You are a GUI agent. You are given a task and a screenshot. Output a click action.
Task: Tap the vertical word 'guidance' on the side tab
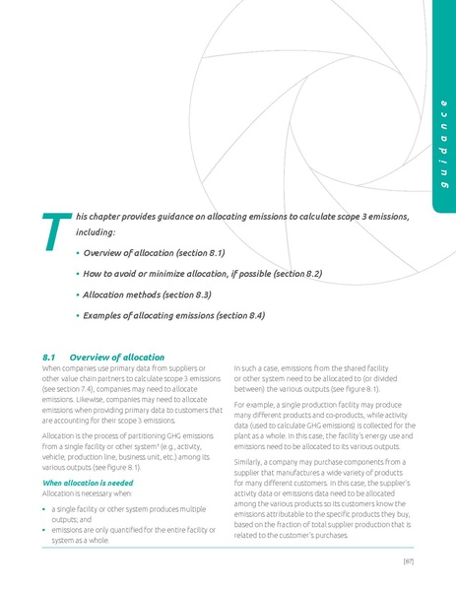(443, 148)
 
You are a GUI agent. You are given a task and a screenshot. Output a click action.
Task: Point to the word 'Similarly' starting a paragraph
(250, 460)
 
